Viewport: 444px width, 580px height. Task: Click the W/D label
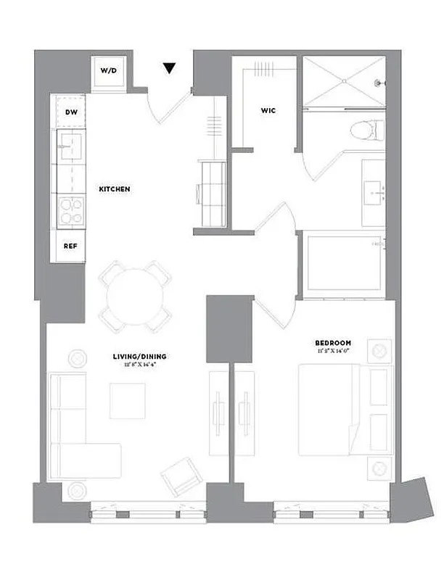108,71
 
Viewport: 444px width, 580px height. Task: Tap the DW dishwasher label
71,112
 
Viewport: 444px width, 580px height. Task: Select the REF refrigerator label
70,246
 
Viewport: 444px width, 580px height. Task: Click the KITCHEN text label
114,189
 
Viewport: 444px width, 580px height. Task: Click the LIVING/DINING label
139,356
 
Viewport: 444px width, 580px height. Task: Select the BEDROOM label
333,342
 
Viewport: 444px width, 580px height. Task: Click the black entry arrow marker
169,69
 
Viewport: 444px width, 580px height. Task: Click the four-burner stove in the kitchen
70,211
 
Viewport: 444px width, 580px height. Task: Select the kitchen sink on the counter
71,145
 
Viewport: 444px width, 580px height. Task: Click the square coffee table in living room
128,400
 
